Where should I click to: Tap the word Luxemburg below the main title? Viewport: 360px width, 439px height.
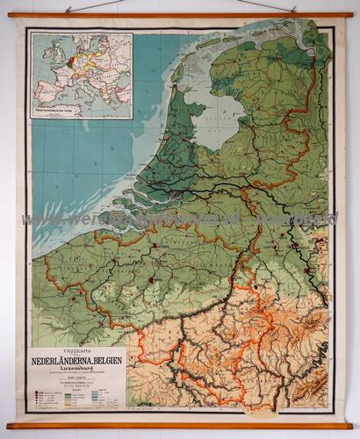[80, 367]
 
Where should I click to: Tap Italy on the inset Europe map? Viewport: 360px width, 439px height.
[88, 84]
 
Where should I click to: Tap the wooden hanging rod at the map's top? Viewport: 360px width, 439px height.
[179, 15]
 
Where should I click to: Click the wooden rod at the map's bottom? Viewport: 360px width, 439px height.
[179, 426]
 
